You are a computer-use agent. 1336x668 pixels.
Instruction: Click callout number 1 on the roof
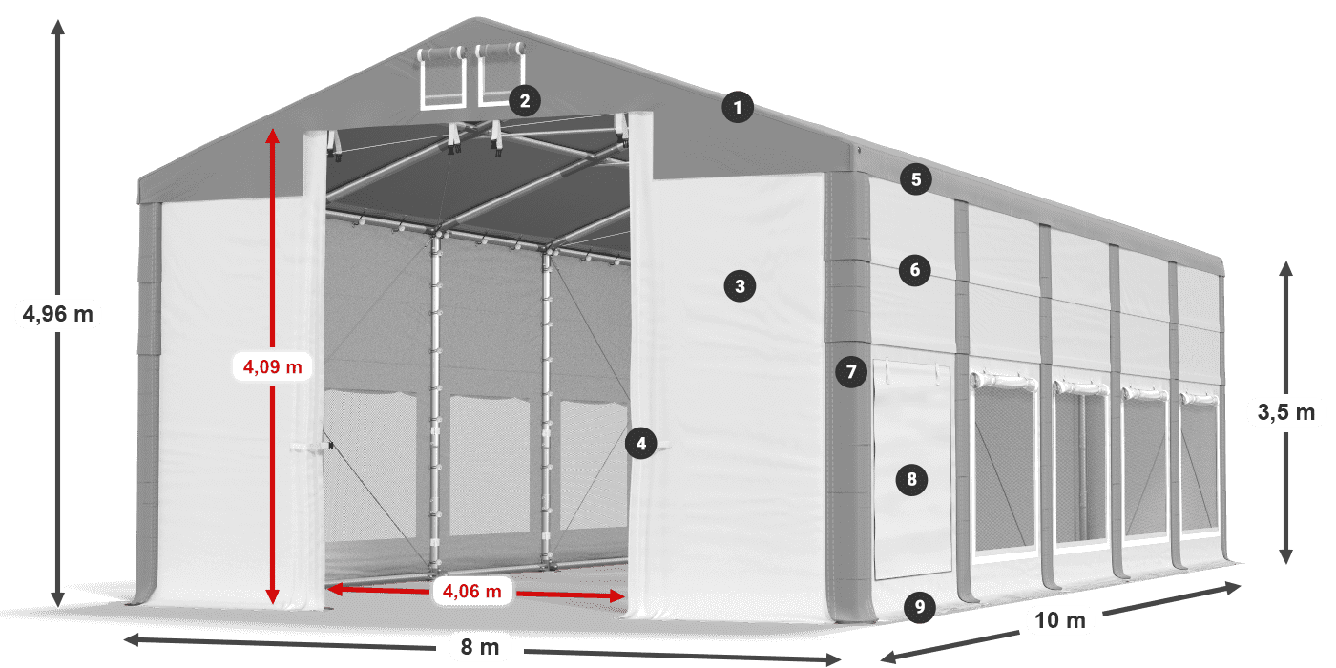point(738,107)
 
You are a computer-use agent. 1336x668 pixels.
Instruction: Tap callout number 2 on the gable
point(525,100)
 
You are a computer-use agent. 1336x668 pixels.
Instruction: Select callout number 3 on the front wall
point(740,286)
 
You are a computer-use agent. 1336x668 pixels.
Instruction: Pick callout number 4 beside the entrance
point(641,444)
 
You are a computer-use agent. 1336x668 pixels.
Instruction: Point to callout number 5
point(916,179)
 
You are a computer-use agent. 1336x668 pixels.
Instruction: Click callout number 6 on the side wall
point(915,270)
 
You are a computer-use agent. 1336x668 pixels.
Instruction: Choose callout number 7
point(851,372)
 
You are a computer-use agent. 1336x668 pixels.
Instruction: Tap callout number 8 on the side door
point(911,479)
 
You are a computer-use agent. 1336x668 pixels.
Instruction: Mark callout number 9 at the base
point(920,607)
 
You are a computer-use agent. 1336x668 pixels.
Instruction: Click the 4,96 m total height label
point(58,314)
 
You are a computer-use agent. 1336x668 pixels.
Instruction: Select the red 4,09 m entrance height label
point(273,366)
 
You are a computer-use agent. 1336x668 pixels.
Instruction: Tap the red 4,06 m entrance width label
point(471,591)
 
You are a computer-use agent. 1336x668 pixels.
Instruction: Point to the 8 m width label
point(479,647)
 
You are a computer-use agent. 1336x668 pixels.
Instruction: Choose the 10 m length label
point(1060,620)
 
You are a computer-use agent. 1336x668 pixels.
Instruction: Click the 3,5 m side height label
point(1286,412)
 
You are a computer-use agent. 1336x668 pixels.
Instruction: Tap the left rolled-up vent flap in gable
point(442,78)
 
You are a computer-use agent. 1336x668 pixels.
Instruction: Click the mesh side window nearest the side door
point(1004,467)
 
